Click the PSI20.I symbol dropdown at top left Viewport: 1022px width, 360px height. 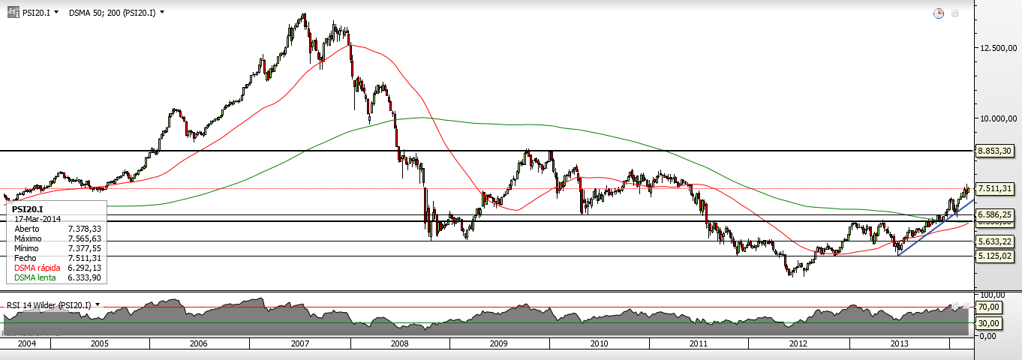click(x=39, y=13)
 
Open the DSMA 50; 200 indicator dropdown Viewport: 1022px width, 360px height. click(x=116, y=13)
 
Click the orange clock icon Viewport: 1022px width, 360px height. click(x=939, y=13)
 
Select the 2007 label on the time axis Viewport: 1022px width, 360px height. click(x=299, y=343)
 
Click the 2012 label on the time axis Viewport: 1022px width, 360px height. click(x=798, y=343)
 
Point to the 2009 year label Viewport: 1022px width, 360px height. click(x=499, y=343)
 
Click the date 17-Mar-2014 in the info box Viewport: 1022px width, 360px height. click(x=37, y=218)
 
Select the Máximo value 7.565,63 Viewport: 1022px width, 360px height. click(x=84, y=238)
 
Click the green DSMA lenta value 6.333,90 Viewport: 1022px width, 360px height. click(x=84, y=277)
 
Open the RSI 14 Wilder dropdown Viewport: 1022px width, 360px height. click(x=53, y=305)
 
